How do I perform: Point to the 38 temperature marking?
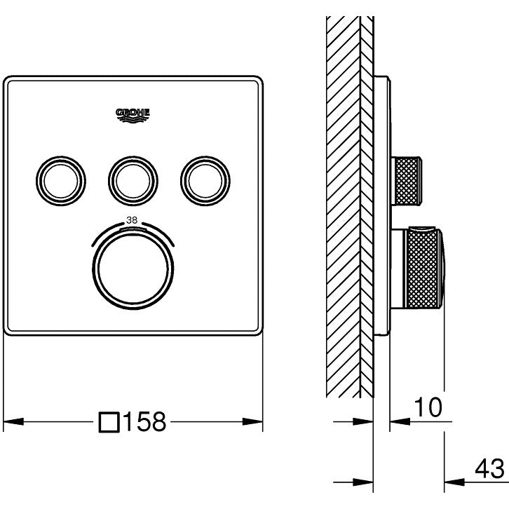point(131,220)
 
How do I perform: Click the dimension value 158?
point(144,422)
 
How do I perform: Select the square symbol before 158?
point(109,422)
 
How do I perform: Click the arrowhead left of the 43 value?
point(456,482)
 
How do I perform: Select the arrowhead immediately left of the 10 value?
point(396,421)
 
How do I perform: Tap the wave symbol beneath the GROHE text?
point(133,119)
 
